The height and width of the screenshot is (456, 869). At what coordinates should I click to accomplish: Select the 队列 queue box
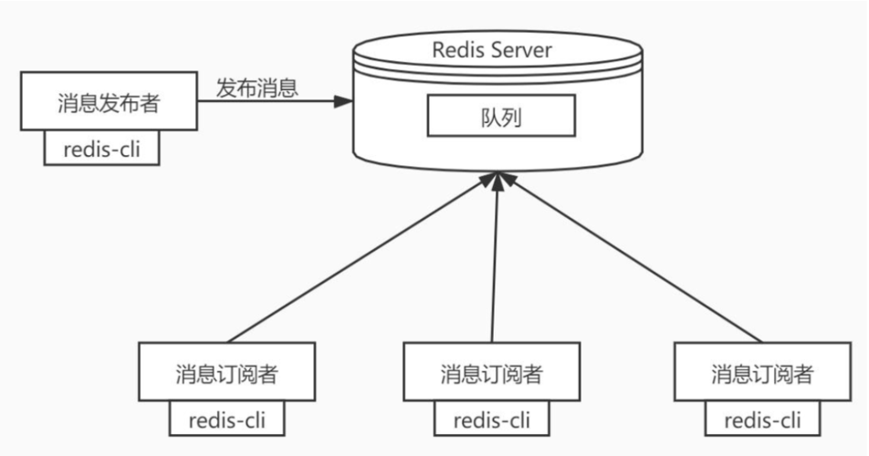(x=500, y=117)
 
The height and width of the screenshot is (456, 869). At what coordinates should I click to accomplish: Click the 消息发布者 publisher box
(x=109, y=103)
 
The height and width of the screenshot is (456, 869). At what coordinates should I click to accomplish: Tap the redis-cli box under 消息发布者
(x=101, y=150)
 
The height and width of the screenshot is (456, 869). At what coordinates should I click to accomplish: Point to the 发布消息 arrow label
(x=257, y=88)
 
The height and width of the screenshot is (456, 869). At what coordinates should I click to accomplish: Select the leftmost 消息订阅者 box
(x=226, y=372)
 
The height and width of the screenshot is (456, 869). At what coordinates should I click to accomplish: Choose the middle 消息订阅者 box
(x=491, y=372)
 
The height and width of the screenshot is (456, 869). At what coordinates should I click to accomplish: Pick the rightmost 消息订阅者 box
(x=762, y=372)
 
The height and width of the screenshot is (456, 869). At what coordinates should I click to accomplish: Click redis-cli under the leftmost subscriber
(x=226, y=420)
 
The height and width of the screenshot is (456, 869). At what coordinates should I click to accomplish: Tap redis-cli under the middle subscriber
(x=491, y=420)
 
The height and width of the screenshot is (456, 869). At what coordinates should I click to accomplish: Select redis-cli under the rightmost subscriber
(x=762, y=420)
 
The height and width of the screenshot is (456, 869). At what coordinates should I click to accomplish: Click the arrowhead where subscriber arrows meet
(x=497, y=182)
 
